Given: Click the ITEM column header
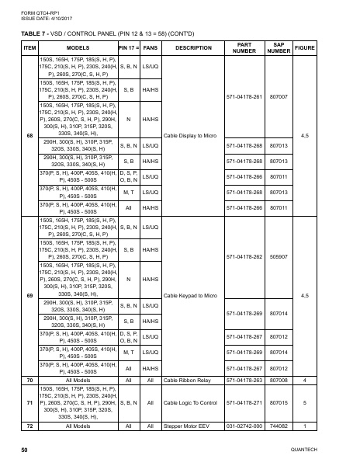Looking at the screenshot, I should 29,47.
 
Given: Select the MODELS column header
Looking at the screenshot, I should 78,47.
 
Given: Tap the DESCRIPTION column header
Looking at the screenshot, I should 193,47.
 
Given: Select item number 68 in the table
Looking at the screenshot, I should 29,136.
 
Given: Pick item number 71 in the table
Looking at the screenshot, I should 29,403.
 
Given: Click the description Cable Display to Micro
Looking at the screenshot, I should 193,136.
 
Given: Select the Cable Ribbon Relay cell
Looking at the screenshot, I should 189,381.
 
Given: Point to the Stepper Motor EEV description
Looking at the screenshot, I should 189,426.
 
